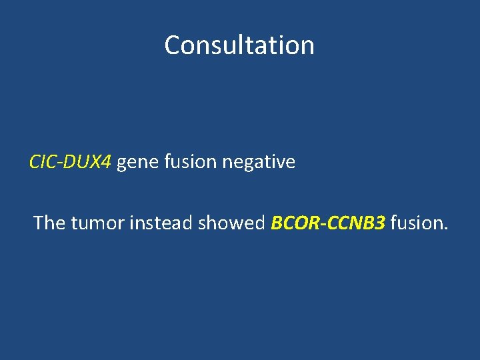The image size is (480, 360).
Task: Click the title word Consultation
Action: (239, 45)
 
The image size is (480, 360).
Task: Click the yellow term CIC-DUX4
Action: (71, 162)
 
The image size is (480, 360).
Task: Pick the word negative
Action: (255, 162)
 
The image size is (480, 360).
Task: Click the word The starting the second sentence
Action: (49, 223)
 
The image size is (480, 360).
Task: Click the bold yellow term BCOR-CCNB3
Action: (328, 223)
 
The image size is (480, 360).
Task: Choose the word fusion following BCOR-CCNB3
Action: (416, 223)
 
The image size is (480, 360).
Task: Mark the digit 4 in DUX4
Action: (107, 162)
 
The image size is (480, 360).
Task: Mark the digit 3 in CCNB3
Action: (380, 223)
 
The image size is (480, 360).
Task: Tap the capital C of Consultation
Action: (173, 45)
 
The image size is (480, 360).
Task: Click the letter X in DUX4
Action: (96, 162)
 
